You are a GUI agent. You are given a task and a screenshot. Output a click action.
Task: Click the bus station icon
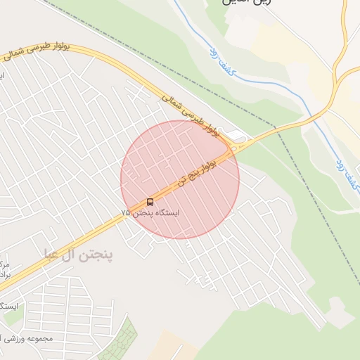tap(150, 202)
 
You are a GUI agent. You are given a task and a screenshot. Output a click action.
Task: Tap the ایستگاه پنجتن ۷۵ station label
tap(150, 212)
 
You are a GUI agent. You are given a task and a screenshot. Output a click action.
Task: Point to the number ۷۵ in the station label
tap(125, 212)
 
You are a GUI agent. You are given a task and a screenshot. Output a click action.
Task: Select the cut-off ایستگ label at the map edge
tap(8, 306)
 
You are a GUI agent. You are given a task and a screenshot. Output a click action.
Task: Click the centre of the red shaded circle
tap(180, 179)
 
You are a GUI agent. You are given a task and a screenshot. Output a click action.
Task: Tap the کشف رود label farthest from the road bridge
tap(219, 61)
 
